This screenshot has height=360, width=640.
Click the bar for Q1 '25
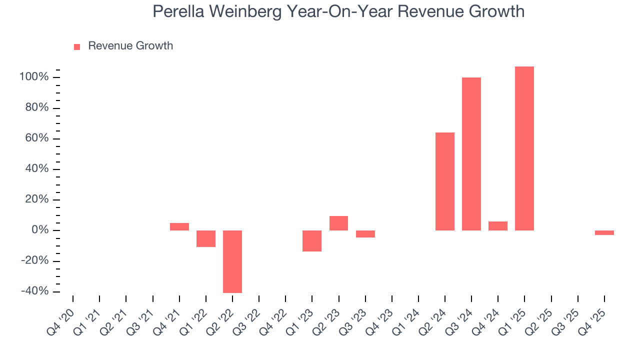524,148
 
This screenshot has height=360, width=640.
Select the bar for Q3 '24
471,154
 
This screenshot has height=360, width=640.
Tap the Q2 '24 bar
445,181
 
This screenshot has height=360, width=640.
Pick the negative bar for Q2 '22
232,261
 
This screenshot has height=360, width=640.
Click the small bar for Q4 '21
179,226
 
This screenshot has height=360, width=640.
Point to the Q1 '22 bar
206,238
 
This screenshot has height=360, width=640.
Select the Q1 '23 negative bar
312,241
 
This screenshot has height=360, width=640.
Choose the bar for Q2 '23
338,223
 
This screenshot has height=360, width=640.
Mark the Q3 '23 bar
365,234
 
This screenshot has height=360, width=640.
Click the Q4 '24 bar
498,226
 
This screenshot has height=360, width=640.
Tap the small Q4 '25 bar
604,232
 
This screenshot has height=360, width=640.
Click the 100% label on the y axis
34,77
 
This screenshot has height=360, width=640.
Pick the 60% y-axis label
37,138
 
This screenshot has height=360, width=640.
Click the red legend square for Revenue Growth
77,47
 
